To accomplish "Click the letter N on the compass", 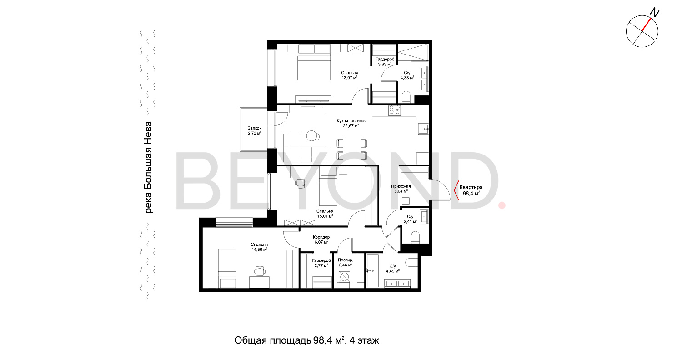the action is click(x=655, y=13).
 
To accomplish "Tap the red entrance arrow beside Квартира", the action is click(x=456, y=190).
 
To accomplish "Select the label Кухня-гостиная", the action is click(x=351, y=121).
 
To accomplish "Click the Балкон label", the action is click(x=254, y=128).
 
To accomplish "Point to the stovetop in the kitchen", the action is click(x=394, y=110).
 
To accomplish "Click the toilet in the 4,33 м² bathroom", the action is click(x=406, y=97).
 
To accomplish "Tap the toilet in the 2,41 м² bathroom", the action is click(x=415, y=237).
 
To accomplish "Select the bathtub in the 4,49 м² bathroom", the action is click(x=372, y=270).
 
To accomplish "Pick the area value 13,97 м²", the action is click(x=349, y=78).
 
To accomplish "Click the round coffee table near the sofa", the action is click(x=312, y=136).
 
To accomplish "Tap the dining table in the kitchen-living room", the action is click(x=351, y=147).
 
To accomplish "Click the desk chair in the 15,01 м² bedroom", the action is click(x=301, y=183).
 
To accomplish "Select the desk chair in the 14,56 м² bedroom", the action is click(x=260, y=271).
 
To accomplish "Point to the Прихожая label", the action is click(x=401, y=186).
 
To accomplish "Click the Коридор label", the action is click(x=321, y=237).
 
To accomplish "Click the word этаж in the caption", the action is click(x=368, y=340).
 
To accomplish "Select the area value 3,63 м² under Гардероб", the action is click(x=385, y=64).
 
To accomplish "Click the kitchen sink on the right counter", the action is click(x=423, y=129).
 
